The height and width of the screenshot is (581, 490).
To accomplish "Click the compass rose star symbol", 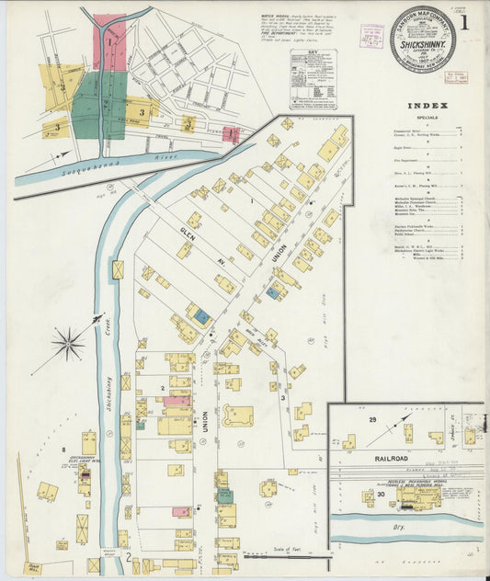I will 68,345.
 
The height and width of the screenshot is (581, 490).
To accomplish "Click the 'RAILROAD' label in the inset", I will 365,457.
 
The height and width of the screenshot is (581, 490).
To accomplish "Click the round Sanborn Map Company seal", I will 423,40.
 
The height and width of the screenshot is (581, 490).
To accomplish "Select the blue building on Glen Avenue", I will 201,315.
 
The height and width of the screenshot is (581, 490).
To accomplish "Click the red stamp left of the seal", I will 371,36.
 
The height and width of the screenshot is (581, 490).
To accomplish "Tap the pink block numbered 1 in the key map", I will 109,40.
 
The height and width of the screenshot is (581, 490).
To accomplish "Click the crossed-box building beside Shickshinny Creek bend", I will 118,269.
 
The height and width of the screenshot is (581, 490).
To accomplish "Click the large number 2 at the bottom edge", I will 128,553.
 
